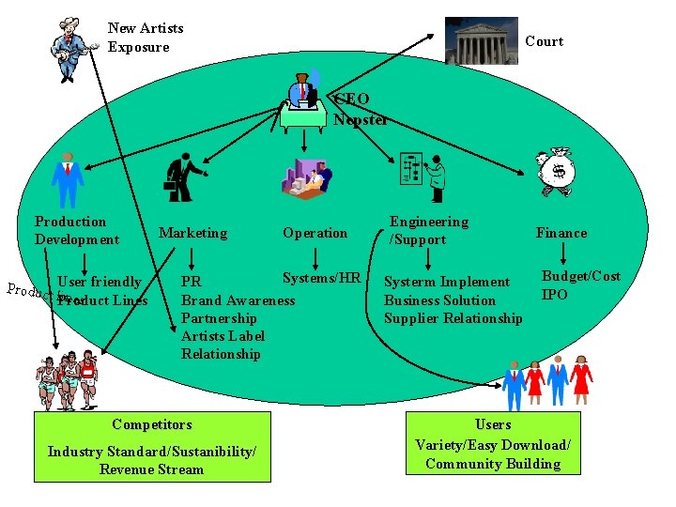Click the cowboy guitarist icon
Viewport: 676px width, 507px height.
click(72, 49)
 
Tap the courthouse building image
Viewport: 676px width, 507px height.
click(481, 40)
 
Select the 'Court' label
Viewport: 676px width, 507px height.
click(544, 41)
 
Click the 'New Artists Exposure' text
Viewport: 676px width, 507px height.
click(146, 38)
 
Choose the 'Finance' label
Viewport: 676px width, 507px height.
click(561, 233)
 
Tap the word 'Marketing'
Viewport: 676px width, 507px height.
click(192, 233)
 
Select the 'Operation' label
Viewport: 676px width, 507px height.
click(315, 233)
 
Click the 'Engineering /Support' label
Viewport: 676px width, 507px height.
click(429, 230)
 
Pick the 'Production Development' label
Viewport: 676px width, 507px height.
click(76, 230)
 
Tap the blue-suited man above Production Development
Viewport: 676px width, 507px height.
click(67, 178)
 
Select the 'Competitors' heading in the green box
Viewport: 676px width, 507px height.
click(151, 424)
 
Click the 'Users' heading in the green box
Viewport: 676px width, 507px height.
click(492, 424)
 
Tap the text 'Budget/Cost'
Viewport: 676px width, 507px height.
click(580, 276)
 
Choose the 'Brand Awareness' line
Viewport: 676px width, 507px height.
click(238, 300)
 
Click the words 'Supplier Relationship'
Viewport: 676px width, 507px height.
click(453, 318)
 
